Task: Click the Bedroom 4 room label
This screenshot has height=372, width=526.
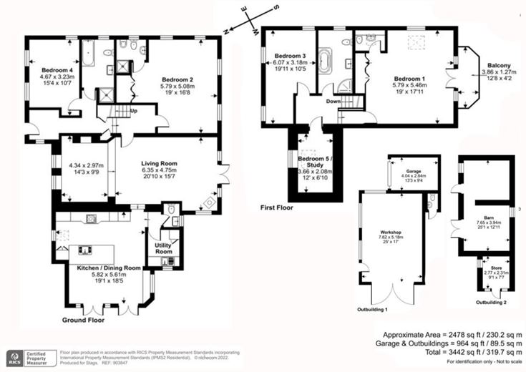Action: click(x=47, y=70)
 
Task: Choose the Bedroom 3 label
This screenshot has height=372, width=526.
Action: click(x=288, y=57)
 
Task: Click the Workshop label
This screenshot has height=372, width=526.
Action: click(x=381, y=234)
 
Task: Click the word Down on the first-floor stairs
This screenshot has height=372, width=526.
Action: click(x=332, y=102)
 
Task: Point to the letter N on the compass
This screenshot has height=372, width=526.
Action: click(x=226, y=31)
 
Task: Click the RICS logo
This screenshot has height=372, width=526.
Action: click(x=14, y=356)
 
